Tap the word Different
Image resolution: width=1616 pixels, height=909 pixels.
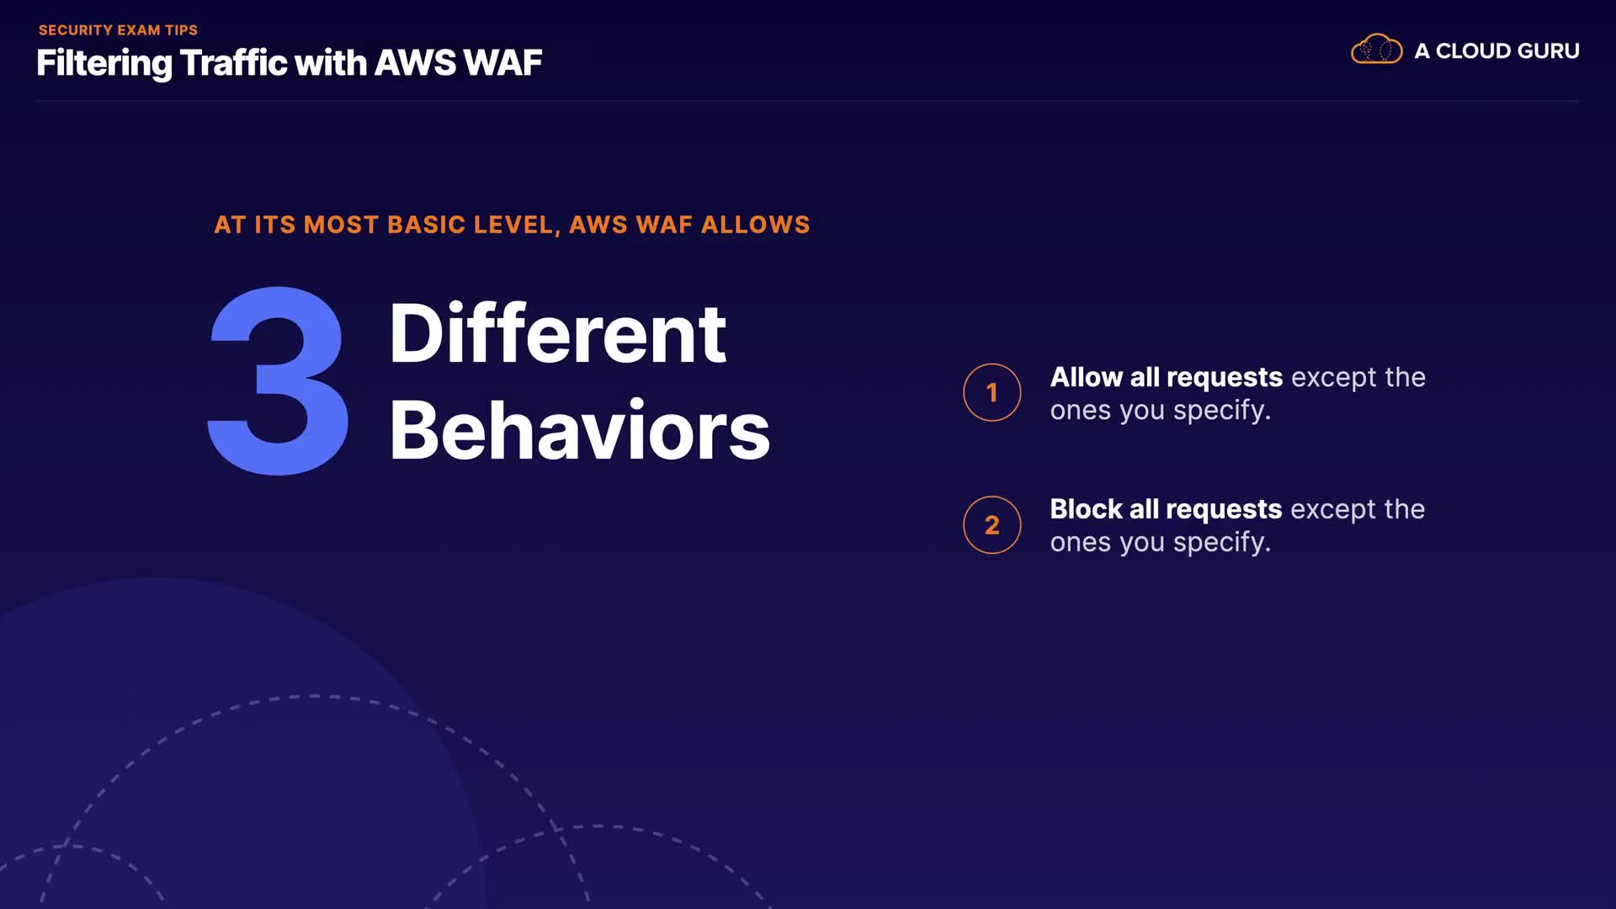coord(557,333)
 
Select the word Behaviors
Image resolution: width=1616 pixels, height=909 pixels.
coord(579,430)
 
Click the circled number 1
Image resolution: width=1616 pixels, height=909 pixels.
coord(992,392)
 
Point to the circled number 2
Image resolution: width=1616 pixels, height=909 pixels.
coord(992,525)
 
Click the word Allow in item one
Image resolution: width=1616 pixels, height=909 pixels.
coord(1087,377)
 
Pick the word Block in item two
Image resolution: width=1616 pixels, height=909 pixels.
coord(1087,509)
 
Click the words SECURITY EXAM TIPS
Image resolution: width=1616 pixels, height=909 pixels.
coord(118,30)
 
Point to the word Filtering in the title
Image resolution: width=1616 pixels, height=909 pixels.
coord(104,64)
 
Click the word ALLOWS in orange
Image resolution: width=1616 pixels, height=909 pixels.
coord(755,225)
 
